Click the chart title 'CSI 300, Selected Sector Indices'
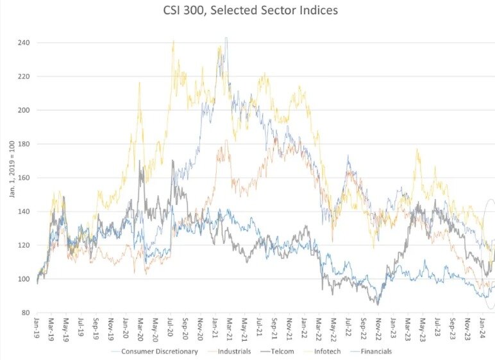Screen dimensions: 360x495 [x=247, y=10]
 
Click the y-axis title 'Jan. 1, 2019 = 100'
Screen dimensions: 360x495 [x=12, y=178]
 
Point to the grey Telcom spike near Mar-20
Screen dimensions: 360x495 [x=140, y=161]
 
